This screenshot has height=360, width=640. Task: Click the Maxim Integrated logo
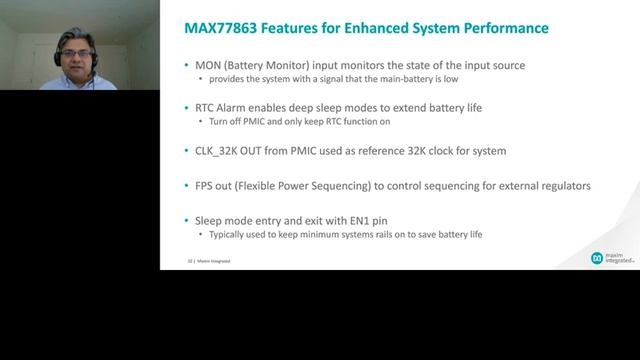(610, 258)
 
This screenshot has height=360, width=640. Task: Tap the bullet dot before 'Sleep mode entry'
(172, 221)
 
